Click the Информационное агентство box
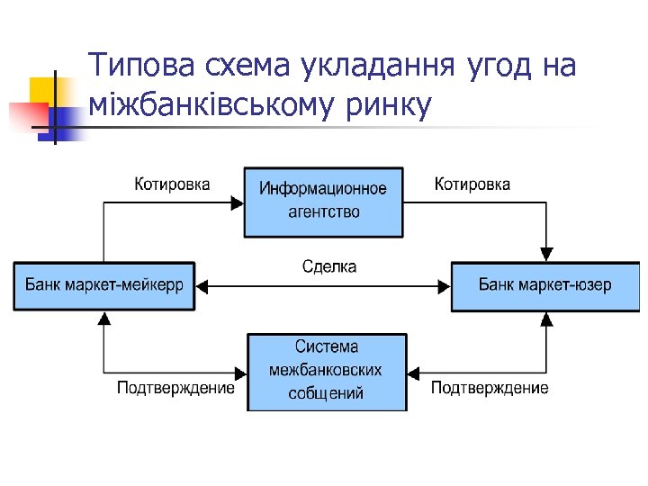tap(323, 201)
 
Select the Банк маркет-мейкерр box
tap(103, 285)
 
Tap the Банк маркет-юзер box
tap(544, 285)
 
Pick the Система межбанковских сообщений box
tap(326, 371)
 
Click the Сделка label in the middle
tap(328, 266)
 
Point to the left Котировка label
tap(172, 184)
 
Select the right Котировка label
tap(472, 184)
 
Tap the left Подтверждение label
tap(175, 388)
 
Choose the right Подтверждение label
tap(489, 388)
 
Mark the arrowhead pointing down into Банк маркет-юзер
tap(545, 255)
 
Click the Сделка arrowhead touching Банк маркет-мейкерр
tap(202, 286)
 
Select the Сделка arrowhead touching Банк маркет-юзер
tap(444, 286)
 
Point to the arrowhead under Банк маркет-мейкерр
tap(104, 319)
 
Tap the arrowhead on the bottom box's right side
tap(415, 373)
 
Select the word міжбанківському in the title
tap(211, 106)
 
